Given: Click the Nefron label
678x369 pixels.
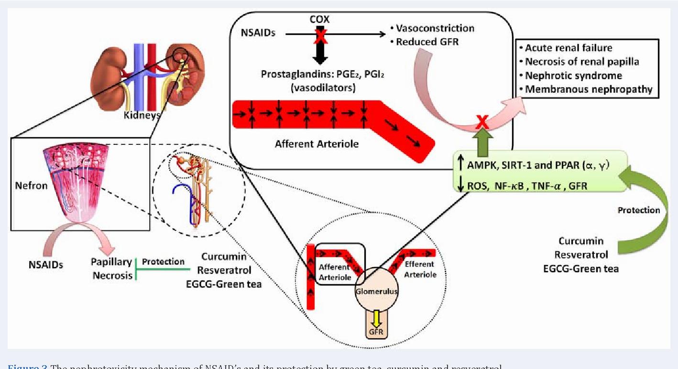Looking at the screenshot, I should (x=32, y=185).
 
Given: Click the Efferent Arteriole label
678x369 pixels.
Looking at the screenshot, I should (x=419, y=270).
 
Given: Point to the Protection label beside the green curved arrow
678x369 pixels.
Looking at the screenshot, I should (x=638, y=210).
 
